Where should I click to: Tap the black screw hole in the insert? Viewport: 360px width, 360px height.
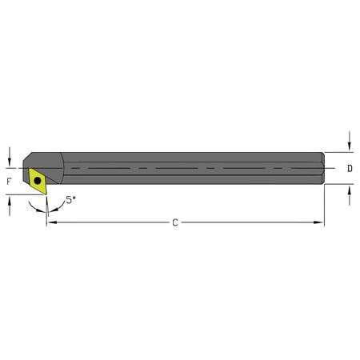pyautogui.click(x=38, y=182)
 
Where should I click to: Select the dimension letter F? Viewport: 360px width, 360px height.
pyautogui.click(x=9, y=182)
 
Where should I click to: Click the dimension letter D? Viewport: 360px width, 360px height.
pyautogui.click(x=350, y=169)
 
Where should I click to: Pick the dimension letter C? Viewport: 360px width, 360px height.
pyautogui.click(x=175, y=222)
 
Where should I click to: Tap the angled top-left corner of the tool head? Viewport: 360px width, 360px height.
pyautogui.click(x=29, y=157)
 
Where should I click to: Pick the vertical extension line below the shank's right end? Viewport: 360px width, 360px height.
pyautogui.click(x=324, y=205)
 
